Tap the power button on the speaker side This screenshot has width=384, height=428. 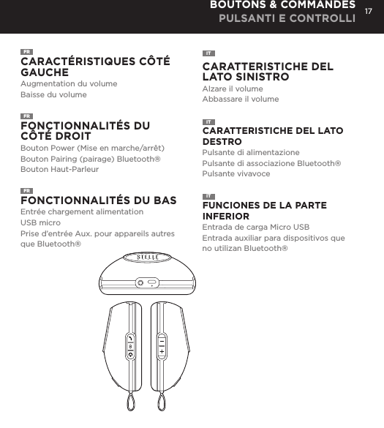pyautogui.click(x=129, y=355)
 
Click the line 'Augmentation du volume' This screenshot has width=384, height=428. pyautogui.click(x=69, y=84)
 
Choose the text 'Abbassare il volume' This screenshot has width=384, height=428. pyautogui.click(x=240, y=99)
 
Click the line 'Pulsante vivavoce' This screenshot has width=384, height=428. pyautogui.click(x=236, y=174)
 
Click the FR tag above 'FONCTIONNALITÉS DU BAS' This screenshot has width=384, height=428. pyautogui.click(x=26, y=190)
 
